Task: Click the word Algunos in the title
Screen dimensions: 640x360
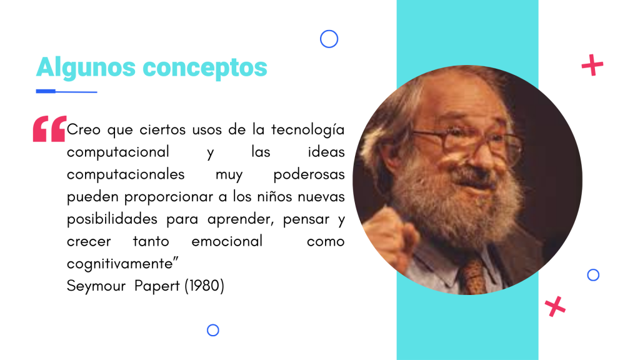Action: pos(86,67)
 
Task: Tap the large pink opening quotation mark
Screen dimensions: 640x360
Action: pos(49,129)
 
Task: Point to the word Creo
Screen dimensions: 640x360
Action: pos(84,130)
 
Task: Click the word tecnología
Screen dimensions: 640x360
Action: pos(307,130)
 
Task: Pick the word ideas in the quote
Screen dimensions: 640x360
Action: pos(326,152)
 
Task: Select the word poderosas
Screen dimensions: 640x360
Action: pos(309,174)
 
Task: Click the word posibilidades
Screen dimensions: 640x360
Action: pos(112,219)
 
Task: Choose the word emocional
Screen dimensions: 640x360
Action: pos(227,241)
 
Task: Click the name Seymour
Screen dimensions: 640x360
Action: pos(96,286)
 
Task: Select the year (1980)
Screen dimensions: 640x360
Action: pos(204,286)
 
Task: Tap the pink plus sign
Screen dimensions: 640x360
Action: pos(592,65)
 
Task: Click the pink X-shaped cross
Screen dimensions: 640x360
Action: pos(555,306)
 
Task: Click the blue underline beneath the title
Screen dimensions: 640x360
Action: pos(66,91)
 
